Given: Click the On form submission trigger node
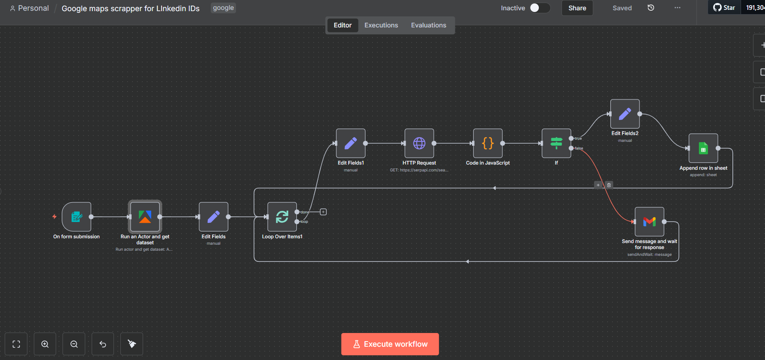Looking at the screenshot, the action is pos(76,217).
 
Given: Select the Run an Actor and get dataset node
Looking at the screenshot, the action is pos(145,217).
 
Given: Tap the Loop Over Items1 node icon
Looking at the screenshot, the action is pos(282,217).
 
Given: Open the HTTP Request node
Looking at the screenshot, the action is pos(419,143).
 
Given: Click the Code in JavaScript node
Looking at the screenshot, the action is pos(488,143).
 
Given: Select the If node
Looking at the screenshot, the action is pos(556,143).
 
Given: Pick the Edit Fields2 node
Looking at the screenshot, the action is pos(625,114).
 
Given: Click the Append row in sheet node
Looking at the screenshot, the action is pos(703,148).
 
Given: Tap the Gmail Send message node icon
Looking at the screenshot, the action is pos(649,222).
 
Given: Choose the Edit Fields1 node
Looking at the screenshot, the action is pos(351,143).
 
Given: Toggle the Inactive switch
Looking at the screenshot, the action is pos(540,8).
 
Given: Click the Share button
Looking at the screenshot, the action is pos(577,8).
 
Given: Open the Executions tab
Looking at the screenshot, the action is pos(381,25).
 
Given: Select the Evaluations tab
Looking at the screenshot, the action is pos(429,25).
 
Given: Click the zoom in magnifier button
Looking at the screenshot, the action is pos(45,344).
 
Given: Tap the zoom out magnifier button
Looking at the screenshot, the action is pos(74,344).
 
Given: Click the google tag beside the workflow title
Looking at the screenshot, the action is pos(223,8).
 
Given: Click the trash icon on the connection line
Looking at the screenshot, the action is pos(609,185).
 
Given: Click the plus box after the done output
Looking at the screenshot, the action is pos(323,212).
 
